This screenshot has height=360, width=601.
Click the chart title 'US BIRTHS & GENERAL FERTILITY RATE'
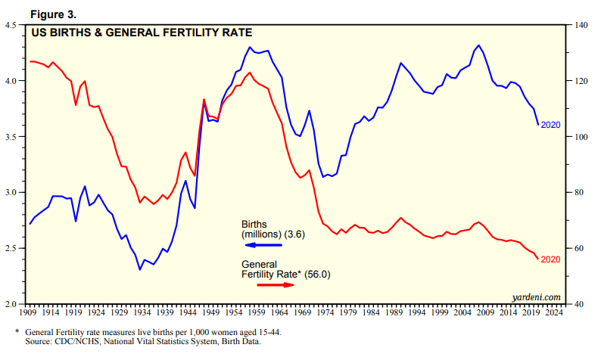pyautogui.click(x=141, y=33)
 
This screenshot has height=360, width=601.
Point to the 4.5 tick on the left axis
pyautogui.click(x=13, y=26)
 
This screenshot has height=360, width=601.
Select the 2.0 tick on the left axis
pyautogui.click(x=13, y=304)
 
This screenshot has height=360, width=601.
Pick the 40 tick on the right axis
pyautogui.click(x=578, y=304)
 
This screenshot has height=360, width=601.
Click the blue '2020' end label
pyautogui.click(x=550, y=125)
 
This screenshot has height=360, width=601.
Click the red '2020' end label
pyautogui.click(x=550, y=260)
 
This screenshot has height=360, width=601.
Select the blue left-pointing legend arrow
pyautogui.click(x=261, y=245)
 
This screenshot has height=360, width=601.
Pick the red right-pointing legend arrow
pyautogui.click(x=276, y=284)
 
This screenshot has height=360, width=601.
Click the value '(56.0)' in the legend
pyautogui.click(x=316, y=274)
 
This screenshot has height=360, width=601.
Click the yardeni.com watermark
pyautogui.click(x=536, y=297)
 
